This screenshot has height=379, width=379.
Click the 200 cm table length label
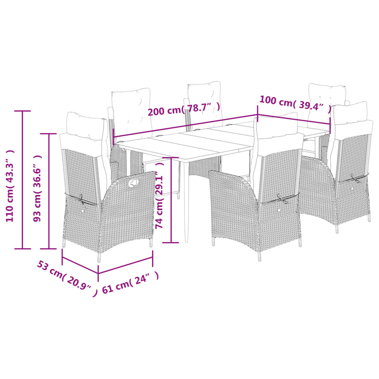click(x=184, y=110)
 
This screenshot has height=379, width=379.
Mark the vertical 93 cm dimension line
click(x=49, y=191)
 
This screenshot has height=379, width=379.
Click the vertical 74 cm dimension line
click(x=171, y=200)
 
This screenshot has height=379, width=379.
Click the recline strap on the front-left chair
click(x=78, y=199)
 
